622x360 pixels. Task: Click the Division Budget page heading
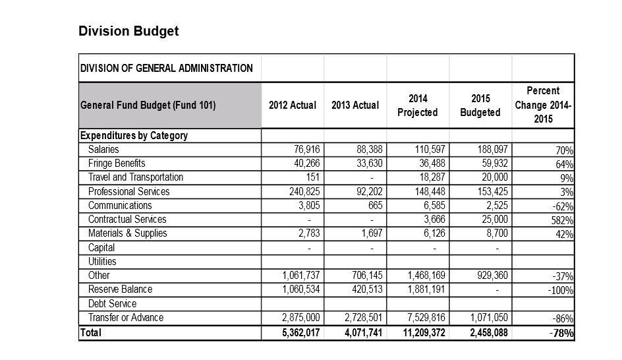point(128,31)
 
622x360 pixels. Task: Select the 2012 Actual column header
point(292,105)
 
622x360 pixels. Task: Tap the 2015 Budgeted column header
point(480,105)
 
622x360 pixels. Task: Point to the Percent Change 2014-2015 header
point(543,105)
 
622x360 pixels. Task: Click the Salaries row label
point(103,150)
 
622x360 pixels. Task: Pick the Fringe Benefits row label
point(117,164)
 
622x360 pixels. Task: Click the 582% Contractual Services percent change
point(561,220)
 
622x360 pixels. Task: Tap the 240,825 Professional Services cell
point(301,192)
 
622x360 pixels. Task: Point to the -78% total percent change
point(561,334)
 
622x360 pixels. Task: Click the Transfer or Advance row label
point(125,318)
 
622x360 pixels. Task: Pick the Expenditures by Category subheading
point(134,136)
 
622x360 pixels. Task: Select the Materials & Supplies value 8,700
point(497,233)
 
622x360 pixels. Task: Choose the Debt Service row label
point(112,304)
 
